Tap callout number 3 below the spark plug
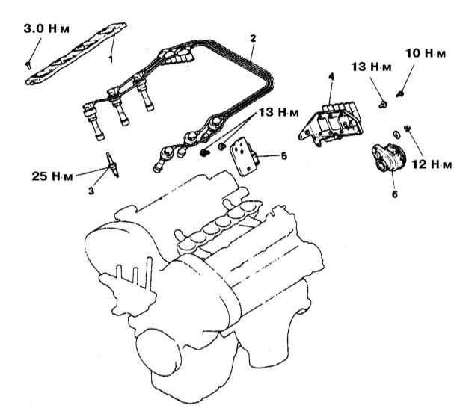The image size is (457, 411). click(x=90, y=192)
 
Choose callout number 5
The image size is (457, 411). click(x=283, y=157)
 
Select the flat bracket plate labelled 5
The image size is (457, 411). click(x=247, y=155)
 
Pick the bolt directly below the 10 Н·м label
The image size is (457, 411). click(x=401, y=94)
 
